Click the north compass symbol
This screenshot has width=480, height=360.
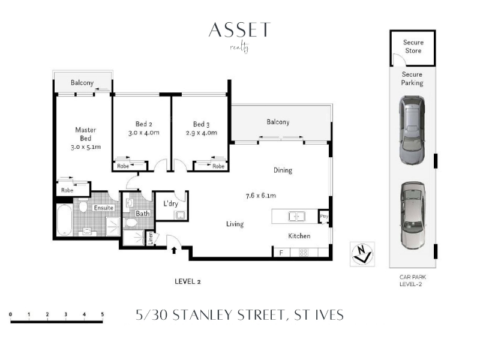[362, 254]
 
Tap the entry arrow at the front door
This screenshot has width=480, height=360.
[174, 250]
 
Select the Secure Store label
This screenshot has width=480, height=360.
[413, 47]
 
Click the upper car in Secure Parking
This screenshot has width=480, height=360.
[412, 130]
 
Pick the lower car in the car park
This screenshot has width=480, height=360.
[413, 215]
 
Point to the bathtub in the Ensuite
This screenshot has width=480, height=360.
[64, 220]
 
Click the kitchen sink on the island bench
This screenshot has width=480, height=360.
[296, 217]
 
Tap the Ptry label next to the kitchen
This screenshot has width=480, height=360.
[324, 216]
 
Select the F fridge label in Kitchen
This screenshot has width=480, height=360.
[281, 253]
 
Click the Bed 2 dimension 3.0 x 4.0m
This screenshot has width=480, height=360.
[143, 133]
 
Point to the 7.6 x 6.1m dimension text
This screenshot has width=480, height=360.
[261, 196]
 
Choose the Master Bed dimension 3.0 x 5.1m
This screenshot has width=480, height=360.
[86, 147]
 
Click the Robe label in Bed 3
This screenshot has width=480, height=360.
[218, 166]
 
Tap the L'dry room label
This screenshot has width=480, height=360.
[170, 203]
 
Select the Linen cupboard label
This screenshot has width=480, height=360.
[151, 238]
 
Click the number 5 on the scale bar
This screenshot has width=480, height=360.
[102, 314]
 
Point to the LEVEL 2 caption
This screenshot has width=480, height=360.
[188, 281]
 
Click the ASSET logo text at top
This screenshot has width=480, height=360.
[239, 29]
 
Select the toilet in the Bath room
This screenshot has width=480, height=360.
[131, 223]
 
